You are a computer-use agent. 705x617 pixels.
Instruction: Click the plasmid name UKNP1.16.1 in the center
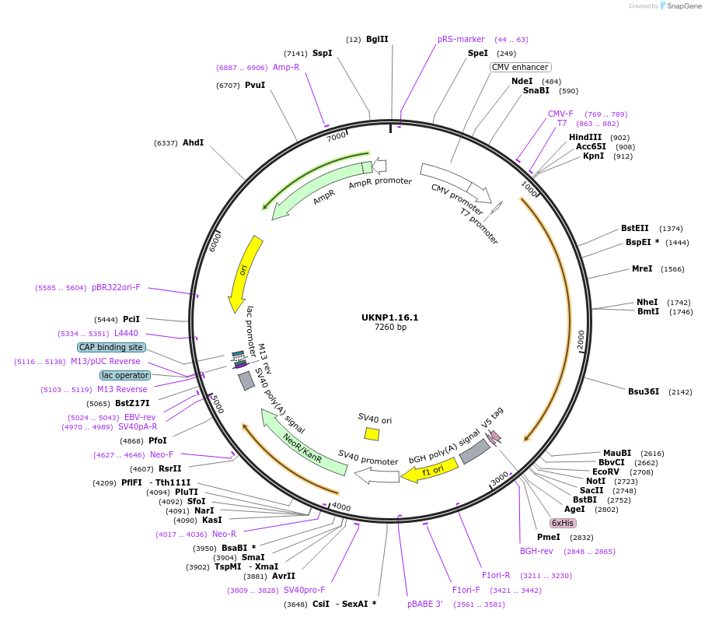[389, 317]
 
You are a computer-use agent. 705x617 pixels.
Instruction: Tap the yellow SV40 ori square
[372, 433]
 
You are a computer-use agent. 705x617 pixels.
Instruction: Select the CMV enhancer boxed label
[520, 67]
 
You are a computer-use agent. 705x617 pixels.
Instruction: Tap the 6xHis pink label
[562, 523]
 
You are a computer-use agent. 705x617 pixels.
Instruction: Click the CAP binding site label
[110, 347]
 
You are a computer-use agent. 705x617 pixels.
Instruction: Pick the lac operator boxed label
[124, 375]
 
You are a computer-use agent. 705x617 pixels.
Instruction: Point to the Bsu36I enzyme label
[643, 391]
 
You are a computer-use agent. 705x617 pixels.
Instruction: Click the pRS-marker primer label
[461, 39]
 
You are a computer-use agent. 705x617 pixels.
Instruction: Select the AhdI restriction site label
[193, 142]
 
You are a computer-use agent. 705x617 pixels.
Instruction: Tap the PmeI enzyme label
[548, 537]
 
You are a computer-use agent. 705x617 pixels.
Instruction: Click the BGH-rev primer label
[536, 551]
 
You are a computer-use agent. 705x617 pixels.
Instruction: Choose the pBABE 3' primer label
[424, 603]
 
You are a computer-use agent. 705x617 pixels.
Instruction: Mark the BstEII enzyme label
[634, 228]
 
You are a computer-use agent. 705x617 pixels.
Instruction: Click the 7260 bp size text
[389, 328]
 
